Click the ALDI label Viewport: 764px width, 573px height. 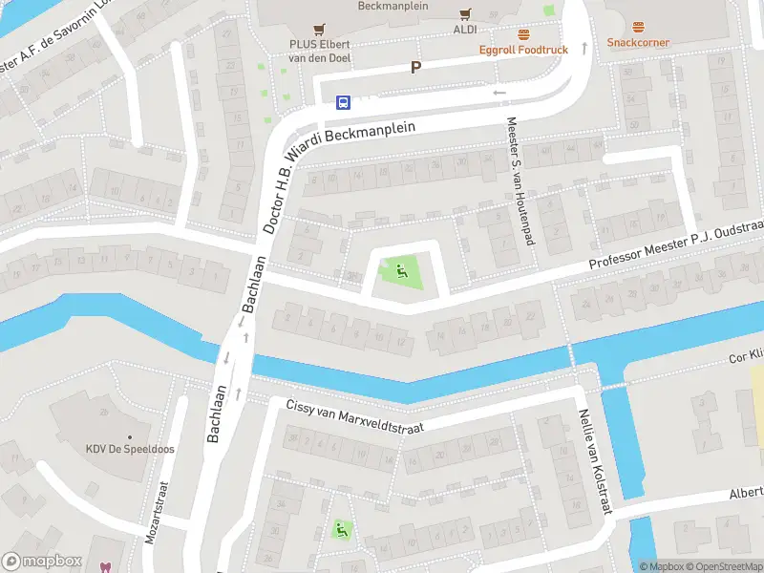[465, 30]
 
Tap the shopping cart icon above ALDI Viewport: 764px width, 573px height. [465, 13]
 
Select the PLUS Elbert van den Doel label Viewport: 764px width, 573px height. [320, 51]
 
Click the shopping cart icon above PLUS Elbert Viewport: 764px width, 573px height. [320, 30]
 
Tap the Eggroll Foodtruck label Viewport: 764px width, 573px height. [523, 49]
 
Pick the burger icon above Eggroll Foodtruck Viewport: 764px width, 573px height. [523, 33]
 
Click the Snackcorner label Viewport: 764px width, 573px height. [638, 43]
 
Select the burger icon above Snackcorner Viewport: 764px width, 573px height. [638, 27]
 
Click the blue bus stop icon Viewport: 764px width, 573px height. [343, 102]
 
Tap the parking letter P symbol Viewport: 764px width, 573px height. [415, 67]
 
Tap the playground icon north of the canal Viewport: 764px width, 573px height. [400, 270]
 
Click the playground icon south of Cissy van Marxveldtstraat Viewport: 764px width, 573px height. [340, 528]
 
